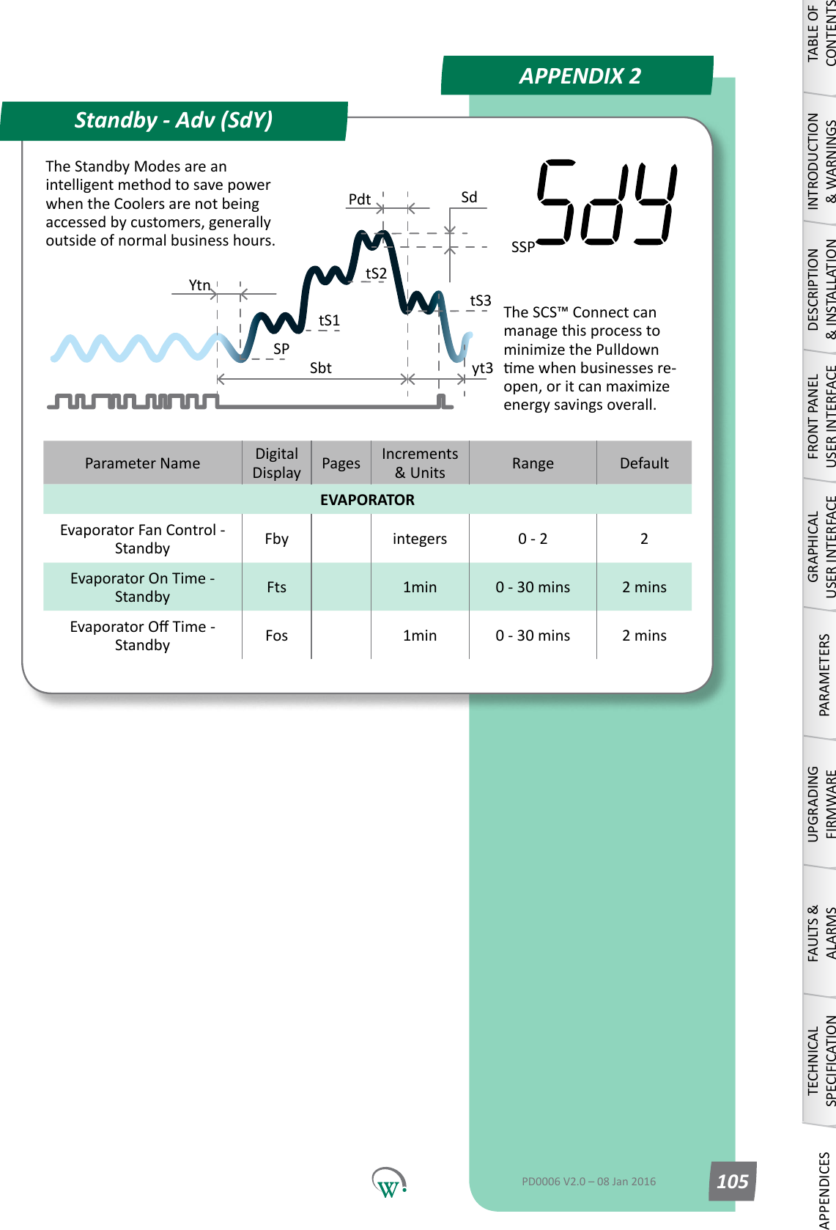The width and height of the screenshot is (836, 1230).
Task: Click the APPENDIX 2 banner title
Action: [x=580, y=76]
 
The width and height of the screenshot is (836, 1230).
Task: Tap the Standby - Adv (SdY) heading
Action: [x=174, y=120]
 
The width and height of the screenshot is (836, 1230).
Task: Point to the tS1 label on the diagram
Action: [x=329, y=320]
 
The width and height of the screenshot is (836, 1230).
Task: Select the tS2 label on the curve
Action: [x=376, y=273]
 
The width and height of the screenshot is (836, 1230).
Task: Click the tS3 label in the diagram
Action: [x=480, y=301]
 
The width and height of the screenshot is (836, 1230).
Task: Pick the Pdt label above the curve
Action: [x=359, y=199]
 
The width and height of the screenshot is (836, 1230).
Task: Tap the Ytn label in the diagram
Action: [x=199, y=285]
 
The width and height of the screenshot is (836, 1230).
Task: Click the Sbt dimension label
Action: [x=320, y=368]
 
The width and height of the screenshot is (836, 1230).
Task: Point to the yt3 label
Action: [x=482, y=368]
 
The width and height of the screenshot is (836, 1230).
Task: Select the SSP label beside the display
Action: [x=522, y=247]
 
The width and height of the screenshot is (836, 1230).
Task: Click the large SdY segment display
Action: [x=606, y=203]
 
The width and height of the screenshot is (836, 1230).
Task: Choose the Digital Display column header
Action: [x=276, y=463]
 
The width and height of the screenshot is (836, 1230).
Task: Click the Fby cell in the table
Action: [x=276, y=539]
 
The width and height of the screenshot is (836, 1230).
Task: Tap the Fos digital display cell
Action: [x=276, y=636]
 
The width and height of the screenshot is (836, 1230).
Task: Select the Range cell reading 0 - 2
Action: [x=533, y=539]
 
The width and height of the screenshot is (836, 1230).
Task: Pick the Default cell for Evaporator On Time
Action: [x=644, y=587]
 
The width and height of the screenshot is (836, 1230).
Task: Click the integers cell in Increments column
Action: [x=419, y=539]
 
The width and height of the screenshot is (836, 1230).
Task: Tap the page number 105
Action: [x=732, y=1182]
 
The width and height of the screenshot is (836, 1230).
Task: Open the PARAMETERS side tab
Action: [x=824, y=674]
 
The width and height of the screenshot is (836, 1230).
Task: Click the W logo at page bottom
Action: [x=388, y=1183]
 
